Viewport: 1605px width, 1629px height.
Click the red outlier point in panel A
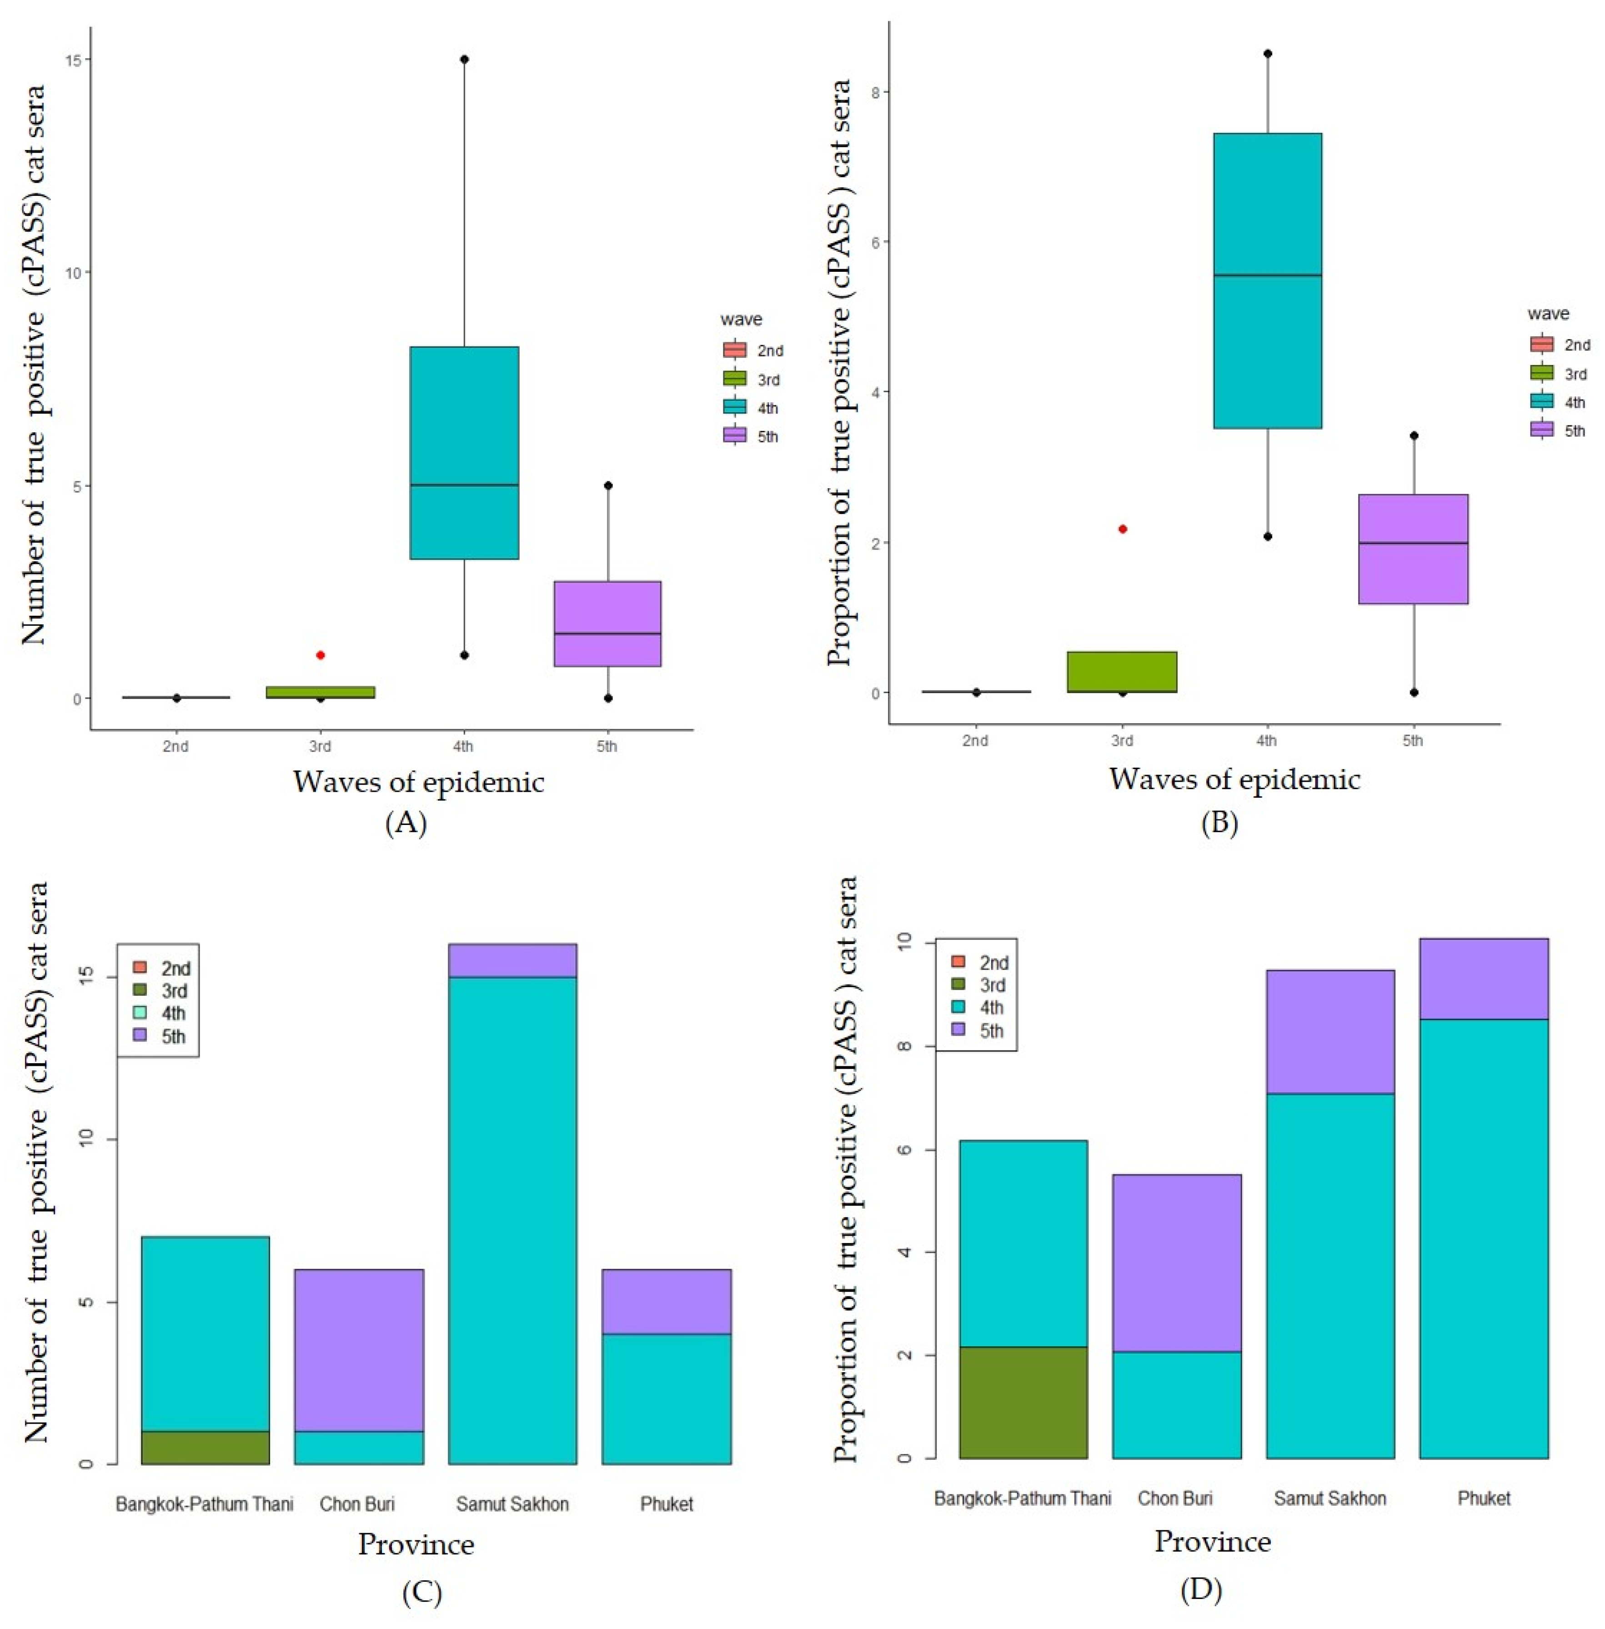pyautogui.click(x=321, y=655)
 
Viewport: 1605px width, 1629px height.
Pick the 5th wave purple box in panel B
pyautogui.click(x=1414, y=549)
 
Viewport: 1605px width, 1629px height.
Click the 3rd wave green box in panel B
pyautogui.click(x=1122, y=672)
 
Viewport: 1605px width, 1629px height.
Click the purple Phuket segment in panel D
pyautogui.click(x=1484, y=979)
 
